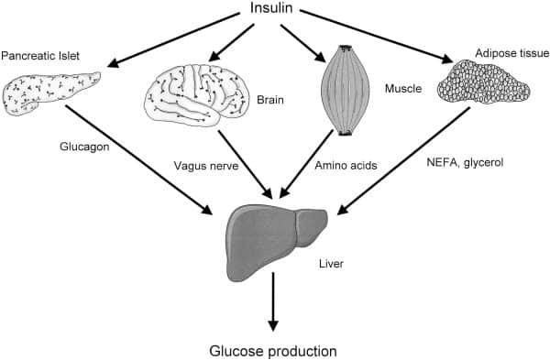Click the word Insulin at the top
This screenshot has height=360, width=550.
pyautogui.click(x=274, y=9)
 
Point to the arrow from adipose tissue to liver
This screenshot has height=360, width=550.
pyautogui.click(x=404, y=161)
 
